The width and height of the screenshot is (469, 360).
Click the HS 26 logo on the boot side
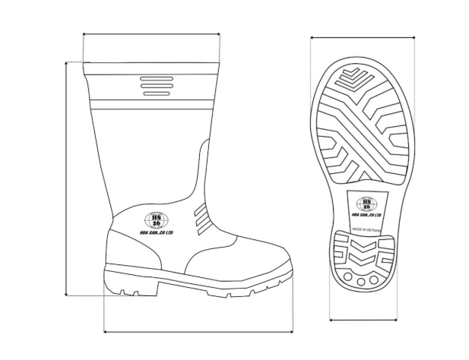click(x=157, y=221)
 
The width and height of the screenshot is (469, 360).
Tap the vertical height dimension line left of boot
click(x=67, y=178)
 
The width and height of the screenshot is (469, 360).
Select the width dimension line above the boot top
click(x=151, y=34)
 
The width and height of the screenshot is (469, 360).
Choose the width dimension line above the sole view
click(x=363, y=36)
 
